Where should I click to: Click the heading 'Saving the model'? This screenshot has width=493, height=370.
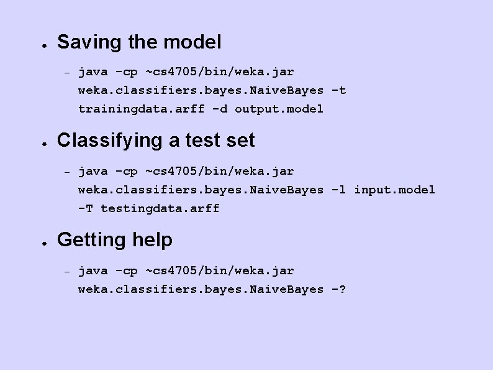pyautogui.click(x=139, y=42)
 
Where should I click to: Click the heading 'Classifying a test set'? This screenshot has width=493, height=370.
pyautogui.click(x=156, y=141)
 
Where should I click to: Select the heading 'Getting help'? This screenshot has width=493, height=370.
pyautogui.click(x=115, y=239)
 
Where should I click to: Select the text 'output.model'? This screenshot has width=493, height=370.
pyautogui.click(x=279, y=109)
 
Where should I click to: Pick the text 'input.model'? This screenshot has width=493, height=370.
pyautogui.click(x=394, y=190)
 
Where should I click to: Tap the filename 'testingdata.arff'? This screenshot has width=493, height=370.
pyautogui.click(x=160, y=208)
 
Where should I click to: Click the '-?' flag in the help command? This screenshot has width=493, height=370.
pyautogui.click(x=338, y=289)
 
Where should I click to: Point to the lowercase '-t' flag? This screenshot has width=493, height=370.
pyautogui.click(x=338, y=90)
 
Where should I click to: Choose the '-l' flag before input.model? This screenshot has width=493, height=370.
pyautogui.click(x=338, y=190)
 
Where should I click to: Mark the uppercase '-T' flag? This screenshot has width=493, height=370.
pyautogui.click(x=86, y=208)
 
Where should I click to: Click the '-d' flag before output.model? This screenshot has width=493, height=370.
pyautogui.click(x=219, y=109)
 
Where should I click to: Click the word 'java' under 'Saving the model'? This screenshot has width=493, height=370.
pyautogui.click(x=93, y=72)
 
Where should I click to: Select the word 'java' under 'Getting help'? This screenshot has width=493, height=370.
pyautogui.click(x=93, y=271)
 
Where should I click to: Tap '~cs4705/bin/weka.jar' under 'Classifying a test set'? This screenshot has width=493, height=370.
pyautogui.click(x=219, y=171)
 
